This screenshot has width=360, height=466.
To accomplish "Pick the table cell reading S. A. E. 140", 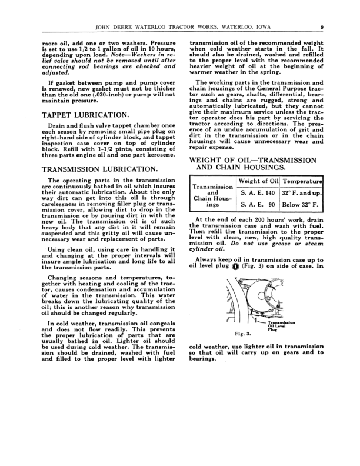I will [x=258, y=193].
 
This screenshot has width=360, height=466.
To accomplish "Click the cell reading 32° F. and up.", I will [x=302, y=193].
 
